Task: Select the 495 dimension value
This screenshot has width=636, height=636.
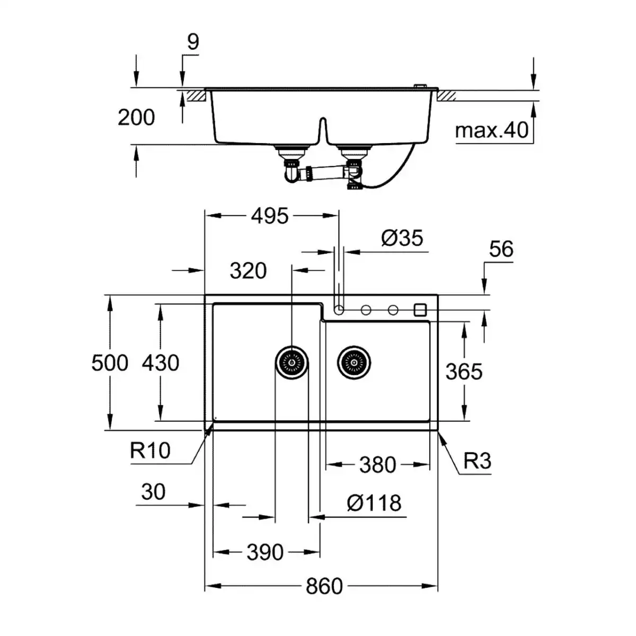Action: tap(270, 216)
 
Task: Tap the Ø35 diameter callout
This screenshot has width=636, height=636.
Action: tap(402, 238)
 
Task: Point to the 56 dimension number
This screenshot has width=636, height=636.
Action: tap(501, 249)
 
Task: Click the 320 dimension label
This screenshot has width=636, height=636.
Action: tap(248, 271)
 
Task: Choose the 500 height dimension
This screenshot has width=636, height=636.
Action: tap(110, 363)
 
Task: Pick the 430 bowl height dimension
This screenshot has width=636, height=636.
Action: tap(161, 363)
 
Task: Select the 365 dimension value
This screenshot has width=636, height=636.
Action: tap(464, 372)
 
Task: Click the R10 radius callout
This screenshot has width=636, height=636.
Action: tap(150, 450)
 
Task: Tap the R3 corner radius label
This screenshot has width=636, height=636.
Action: tap(477, 461)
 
